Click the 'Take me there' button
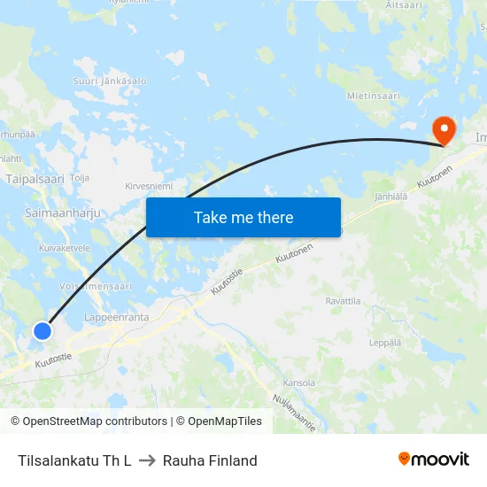point(243,217)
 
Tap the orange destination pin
point(442,130)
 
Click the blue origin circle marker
point(43,330)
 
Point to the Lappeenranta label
point(117,316)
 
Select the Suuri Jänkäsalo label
point(111,81)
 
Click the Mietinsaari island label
point(374,96)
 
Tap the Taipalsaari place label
point(35,179)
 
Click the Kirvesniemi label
point(149,187)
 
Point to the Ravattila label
point(343,302)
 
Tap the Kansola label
point(298,383)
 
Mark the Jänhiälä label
point(390,197)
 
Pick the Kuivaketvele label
point(66,248)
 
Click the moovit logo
point(434,460)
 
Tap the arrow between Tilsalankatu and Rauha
point(147,460)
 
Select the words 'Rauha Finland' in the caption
point(210,460)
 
